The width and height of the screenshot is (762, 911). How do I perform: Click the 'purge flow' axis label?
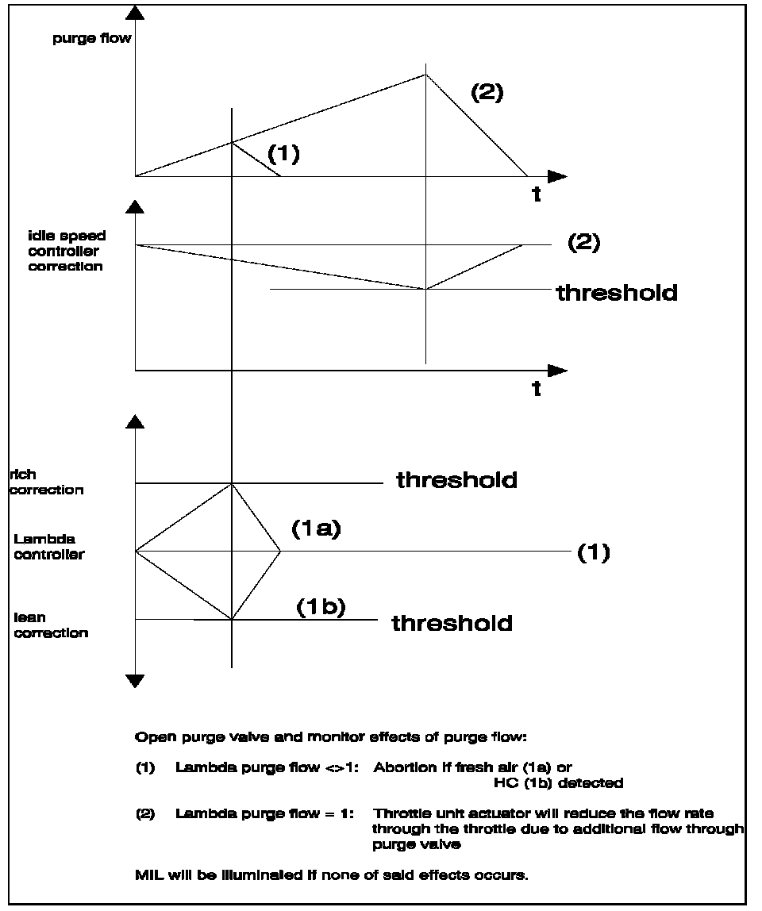(86, 39)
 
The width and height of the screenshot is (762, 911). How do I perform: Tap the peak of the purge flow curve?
(426, 75)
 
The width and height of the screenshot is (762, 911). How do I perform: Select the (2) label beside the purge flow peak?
(487, 92)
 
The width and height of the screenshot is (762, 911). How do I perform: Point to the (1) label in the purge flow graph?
(283, 154)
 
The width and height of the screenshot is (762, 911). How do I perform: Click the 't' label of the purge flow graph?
(537, 195)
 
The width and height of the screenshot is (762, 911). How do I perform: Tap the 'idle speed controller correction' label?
(67, 252)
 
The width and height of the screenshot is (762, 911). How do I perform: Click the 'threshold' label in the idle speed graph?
(617, 293)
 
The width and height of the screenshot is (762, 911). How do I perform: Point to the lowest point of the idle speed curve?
(426, 290)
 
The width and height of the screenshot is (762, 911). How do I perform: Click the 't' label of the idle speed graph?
(537, 389)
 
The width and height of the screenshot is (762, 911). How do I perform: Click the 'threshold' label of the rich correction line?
(456, 480)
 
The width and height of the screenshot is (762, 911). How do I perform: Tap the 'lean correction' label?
(51, 625)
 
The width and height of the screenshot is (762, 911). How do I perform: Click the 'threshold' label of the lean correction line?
(452, 623)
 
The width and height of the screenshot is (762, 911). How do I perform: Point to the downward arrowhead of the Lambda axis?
(136, 680)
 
